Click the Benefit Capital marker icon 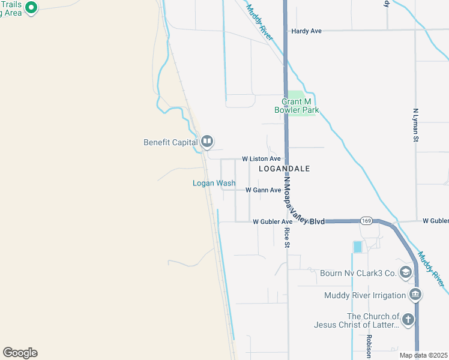[207, 142]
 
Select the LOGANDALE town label [284, 169]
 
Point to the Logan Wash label [214, 183]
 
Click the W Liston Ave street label [261, 158]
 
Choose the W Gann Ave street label [263, 190]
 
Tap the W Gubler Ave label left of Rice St [273, 221]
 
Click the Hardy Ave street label [306, 31]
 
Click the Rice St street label [287, 238]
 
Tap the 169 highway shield [366, 221]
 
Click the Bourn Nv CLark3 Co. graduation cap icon [406, 273]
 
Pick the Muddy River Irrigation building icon [415, 295]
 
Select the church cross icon [408, 319]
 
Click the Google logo [20, 353]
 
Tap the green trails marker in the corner [32, 8]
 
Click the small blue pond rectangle [358, 247]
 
